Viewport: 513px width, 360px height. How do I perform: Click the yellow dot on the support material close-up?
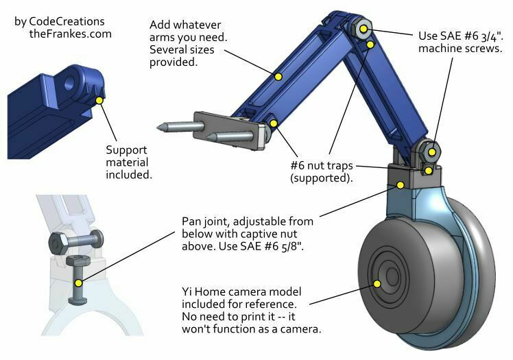100,100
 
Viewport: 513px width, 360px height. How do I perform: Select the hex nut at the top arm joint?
363,28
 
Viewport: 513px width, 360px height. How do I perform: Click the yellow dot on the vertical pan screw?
79,283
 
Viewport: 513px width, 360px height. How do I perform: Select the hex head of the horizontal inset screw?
57,242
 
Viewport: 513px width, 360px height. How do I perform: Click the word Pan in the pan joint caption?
191,221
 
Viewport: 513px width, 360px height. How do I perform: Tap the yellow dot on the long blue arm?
278,76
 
